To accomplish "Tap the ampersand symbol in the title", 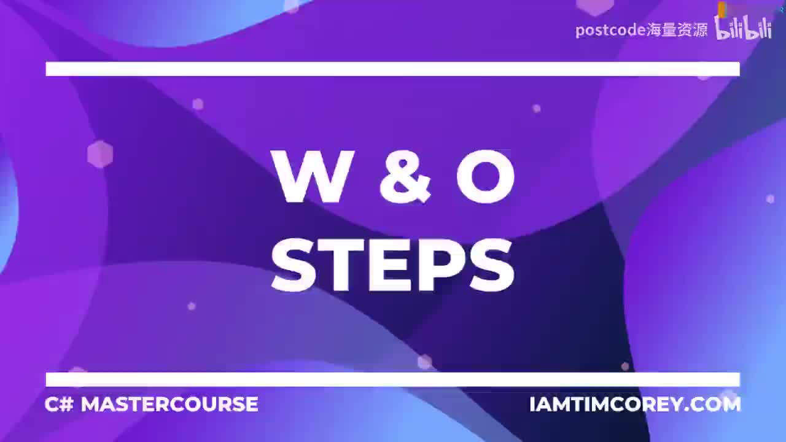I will click(405, 177).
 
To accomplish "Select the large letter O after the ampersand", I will click(485, 177).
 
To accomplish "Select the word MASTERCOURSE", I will click(169, 405).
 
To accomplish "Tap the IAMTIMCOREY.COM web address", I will click(635, 405).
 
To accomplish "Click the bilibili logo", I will click(743, 28).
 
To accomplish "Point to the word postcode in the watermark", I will click(610, 30).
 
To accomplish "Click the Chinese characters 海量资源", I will click(677, 30).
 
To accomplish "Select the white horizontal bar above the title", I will click(393, 69).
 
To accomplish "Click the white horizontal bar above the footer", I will click(393, 379).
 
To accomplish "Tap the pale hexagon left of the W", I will click(100, 154).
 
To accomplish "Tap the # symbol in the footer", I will click(66, 405).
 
